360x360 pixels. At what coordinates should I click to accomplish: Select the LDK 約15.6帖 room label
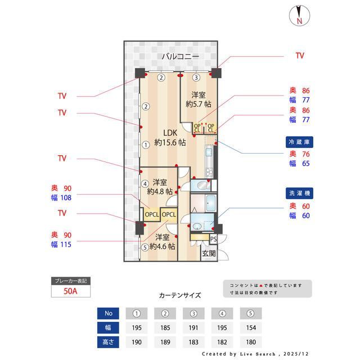pos(170,138)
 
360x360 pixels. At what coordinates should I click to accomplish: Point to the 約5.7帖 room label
pos(198,100)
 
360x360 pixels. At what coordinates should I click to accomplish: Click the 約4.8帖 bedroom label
pos(159,187)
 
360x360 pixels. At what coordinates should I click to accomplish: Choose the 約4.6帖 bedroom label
pos(163,241)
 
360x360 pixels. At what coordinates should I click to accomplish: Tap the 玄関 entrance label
pos(208,254)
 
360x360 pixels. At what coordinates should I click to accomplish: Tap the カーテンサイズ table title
pos(179,295)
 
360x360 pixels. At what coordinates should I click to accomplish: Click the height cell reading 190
pos(136,342)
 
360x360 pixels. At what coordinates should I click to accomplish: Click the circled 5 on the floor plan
pos(145,247)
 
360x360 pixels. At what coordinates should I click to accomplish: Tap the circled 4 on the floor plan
pos(145,183)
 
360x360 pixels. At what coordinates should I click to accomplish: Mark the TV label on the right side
pos(300,56)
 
